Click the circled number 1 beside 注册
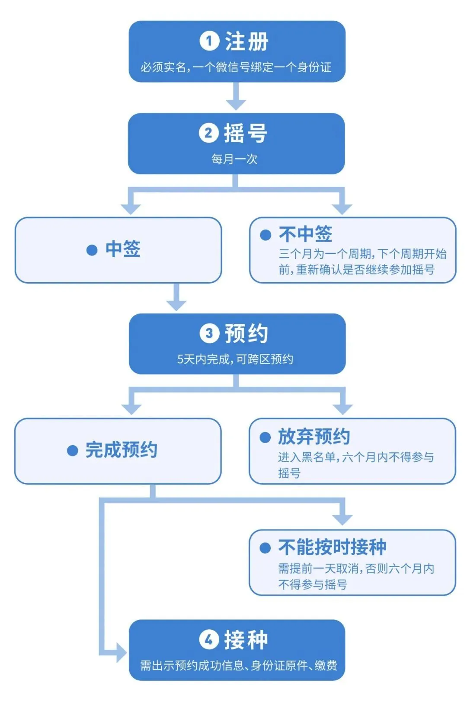[x=209, y=41]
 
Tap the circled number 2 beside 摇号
[x=208, y=133]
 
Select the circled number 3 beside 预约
[x=209, y=333]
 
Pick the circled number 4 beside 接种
[x=209, y=639]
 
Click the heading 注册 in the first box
[x=246, y=41]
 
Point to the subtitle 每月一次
[x=234, y=159]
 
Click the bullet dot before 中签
[x=92, y=250]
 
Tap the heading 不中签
[x=305, y=234]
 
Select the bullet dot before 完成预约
[x=72, y=450]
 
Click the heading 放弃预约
[x=314, y=436]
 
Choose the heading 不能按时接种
[x=332, y=547]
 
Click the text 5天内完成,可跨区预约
[x=235, y=359]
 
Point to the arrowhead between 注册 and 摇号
[x=236, y=104]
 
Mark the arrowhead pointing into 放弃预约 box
[x=343, y=408]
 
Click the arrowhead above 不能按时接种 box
[x=342, y=519]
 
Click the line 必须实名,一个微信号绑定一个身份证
[x=236, y=67]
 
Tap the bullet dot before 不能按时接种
[x=265, y=548]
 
